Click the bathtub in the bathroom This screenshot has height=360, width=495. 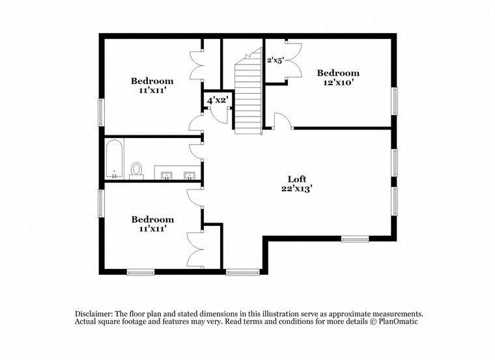114,158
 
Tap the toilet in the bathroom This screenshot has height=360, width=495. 136,169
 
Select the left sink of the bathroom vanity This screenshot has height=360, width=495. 167,174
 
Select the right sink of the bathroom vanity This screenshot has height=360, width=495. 189,174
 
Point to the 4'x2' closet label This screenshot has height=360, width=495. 217,101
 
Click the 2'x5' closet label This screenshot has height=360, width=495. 275,60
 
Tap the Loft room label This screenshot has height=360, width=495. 297,179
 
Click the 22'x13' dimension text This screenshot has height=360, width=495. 297,189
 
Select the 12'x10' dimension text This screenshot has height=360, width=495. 337,83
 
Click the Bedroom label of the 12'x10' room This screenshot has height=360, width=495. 337,73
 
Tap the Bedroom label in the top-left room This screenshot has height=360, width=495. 152,81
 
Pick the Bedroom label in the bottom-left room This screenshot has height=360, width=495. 152,219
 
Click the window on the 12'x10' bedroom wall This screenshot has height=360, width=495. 395,102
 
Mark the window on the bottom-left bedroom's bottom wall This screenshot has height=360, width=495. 140,272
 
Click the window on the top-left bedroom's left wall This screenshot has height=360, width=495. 100,112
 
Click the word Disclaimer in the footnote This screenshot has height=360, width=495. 94,313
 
